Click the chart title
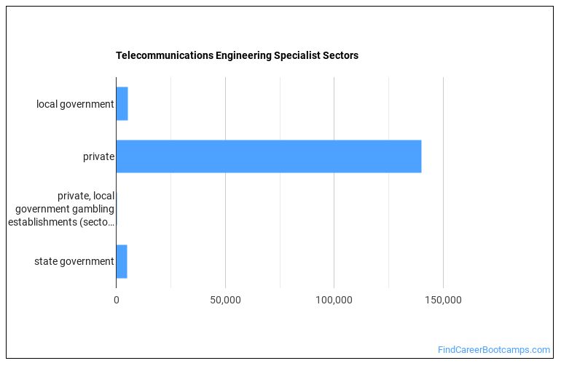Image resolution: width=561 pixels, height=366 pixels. point(237,55)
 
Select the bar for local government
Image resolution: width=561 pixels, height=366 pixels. point(122,104)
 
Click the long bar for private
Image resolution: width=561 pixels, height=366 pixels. point(268,156)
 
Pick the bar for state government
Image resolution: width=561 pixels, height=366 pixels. point(122,261)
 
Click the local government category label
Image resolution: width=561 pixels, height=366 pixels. point(75,104)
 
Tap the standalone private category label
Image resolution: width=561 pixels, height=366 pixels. point(98,156)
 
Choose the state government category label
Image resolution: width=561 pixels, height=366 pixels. point(74,261)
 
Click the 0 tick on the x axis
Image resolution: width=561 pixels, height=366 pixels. point(117,299)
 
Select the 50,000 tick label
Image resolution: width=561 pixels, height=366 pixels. point(225,299)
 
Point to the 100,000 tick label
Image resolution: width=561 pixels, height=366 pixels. point(334,299)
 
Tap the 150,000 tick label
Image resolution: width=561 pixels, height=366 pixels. point(443,299)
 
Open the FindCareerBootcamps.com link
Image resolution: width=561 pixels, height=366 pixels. point(494,350)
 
